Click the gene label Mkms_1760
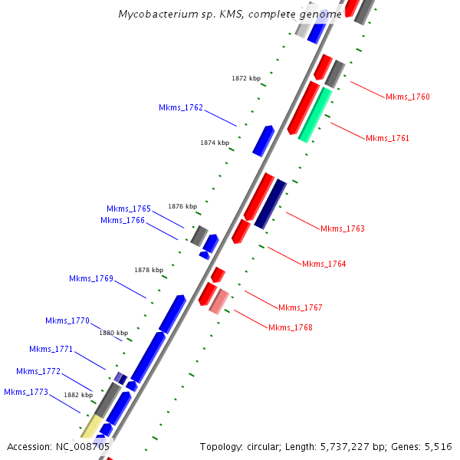pyautogui.click(x=407, y=97)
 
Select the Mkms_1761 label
pyautogui.click(x=387, y=138)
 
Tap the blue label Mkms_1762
pyautogui.click(x=181, y=107)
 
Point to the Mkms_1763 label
pyautogui.click(x=342, y=228)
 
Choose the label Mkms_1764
pyautogui.click(x=324, y=264)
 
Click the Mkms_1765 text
pyautogui.click(x=129, y=209)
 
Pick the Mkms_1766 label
pyautogui.click(x=123, y=220)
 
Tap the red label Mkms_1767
pyautogui.click(x=300, y=307)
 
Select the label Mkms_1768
pyautogui.click(x=290, y=327)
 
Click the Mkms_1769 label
pyautogui.click(x=91, y=278)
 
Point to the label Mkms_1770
pyautogui.click(x=67, y=320)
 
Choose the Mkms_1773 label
pyautogui.click(x=26, y=392)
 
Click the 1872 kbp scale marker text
pyautogui.click(x=246, y=78)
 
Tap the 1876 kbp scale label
pyautogui.click(x=182, y=206)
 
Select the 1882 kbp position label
pyautogui.click(x=78, y=394)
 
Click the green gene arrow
pyautogui.click(x=315, y=115)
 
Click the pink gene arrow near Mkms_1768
pyautogui.click(x=219, y=301)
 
